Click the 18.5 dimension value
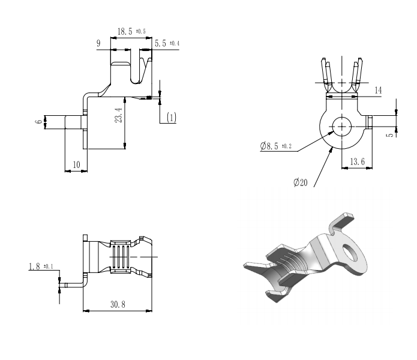point(125,31)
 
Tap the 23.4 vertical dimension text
point(119,115)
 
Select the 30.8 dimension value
point(118,304)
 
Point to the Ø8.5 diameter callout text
point(269,146)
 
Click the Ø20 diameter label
point(301,182)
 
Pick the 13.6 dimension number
point(357,161)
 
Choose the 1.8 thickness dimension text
point(34,266)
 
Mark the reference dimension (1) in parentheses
point(172,117)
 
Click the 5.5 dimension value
point(160,43)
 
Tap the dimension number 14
point(378,91)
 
